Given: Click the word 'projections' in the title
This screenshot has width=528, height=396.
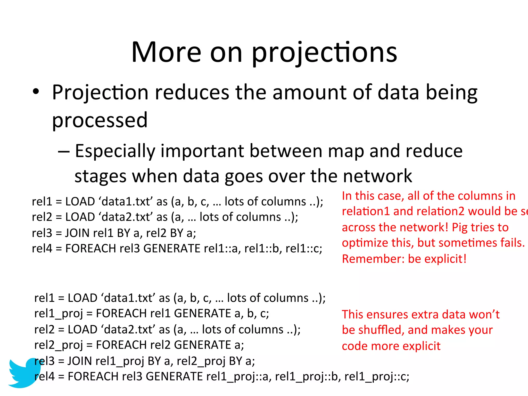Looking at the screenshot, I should [x=324, y=53].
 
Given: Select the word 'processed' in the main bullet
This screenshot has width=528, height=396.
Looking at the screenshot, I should [x=100, y=120].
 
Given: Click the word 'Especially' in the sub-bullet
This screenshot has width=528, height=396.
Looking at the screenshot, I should [x=115, y=151].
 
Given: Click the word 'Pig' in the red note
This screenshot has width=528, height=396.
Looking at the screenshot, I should [x=460, y=227].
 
